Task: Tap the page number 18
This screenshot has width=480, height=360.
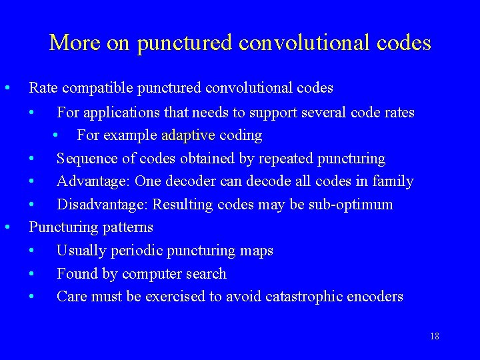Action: (434, 336)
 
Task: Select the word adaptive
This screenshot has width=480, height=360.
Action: (188, 135)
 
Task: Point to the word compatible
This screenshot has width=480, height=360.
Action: (99, 88)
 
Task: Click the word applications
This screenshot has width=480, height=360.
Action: (118, 112)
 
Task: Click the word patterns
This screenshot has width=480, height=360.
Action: (127, 227)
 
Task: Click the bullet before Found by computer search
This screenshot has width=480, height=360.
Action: (33, 274)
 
